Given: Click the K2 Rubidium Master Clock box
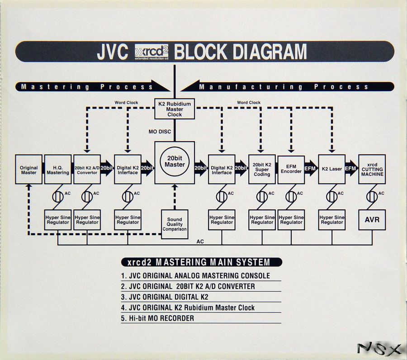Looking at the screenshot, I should coord(175,109).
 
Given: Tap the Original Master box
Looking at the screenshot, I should coord(28,170).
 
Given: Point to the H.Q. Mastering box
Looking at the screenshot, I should coord(58,170).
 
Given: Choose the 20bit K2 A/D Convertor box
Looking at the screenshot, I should coord(87,170).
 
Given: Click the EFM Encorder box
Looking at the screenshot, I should coord(291,169).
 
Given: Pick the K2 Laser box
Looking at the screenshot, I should coord(332,169).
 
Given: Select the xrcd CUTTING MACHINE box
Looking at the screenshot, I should coord(372,169).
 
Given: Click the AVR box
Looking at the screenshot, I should coord(372,220).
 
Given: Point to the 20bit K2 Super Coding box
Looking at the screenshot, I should coord(262,169).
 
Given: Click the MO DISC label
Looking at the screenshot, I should coord(159,132).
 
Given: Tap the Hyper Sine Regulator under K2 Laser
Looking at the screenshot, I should coord(332,220).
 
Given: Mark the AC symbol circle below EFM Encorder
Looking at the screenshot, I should coord(291,197).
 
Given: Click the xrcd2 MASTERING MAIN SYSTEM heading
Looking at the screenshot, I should coord(201,262).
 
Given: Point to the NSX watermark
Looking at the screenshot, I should coord(379,349).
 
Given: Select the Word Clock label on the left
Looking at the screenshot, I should coord(127,103).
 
